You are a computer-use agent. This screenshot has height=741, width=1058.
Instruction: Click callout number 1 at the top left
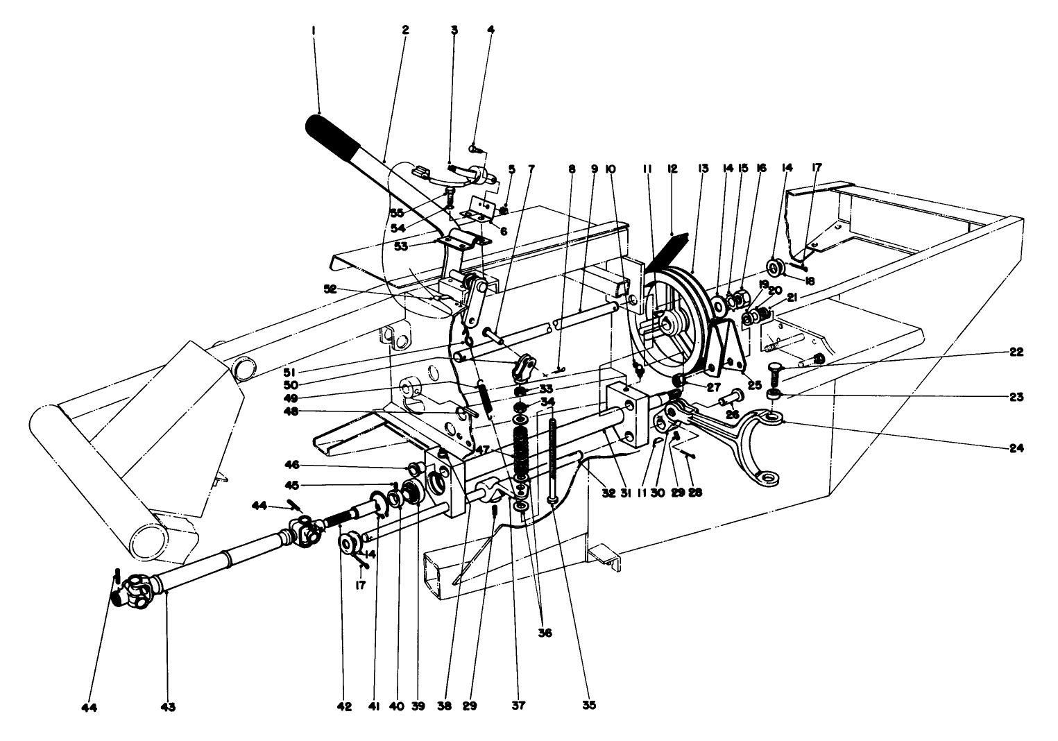(314, 31)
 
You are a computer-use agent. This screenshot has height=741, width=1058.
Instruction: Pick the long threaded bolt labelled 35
(553, 458)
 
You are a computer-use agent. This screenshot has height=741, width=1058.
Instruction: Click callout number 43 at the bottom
(168, 707)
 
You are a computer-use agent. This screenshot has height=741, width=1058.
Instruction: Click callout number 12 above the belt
(672, 169)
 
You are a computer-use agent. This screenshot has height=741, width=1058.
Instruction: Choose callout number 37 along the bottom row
(519, 707)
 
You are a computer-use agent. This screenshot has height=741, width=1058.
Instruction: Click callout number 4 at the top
(491, 31)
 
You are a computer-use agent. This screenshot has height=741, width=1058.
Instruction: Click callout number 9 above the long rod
(595, 169)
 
